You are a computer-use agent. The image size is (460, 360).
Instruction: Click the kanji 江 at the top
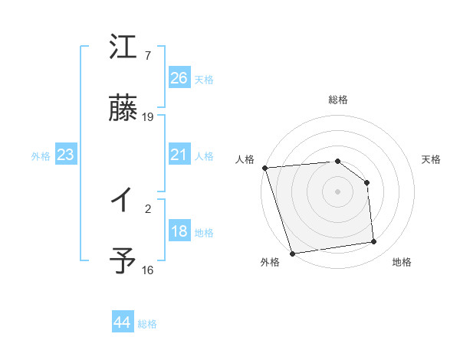(x=123, y=48)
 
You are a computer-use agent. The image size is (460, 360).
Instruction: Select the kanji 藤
(x=123, y=108)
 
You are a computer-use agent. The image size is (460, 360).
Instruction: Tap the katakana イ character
(x=123, y=201)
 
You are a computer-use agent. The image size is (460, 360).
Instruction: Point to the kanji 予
(x=123, y=261)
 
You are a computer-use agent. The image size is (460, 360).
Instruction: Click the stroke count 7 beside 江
(x=148, y=56)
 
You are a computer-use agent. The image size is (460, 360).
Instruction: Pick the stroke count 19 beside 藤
(x=148, y=116)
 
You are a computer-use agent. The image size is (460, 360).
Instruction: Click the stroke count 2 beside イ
(x=148, y=208)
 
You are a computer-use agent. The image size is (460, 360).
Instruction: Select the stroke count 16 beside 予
(x=148, y=270)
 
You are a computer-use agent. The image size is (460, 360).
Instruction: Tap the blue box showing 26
(x=179, y=78)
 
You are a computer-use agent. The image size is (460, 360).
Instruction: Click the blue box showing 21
(x=179, y=155)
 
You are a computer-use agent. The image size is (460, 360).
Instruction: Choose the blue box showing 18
(x=179, y=231)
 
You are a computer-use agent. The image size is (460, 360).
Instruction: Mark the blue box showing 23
(x=65, y=155)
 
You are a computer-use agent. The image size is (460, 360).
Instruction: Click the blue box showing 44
(x=122, y=322)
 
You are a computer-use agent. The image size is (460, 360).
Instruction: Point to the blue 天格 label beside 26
(x=204, y=79)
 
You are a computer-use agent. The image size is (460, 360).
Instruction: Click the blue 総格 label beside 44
(x=147, y=324)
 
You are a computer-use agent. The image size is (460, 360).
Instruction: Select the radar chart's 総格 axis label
(x=338, y=100)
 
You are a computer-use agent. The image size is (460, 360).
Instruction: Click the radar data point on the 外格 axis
(x=292, y=253)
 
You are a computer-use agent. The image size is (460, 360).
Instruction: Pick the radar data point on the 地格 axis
(x=374, y=242)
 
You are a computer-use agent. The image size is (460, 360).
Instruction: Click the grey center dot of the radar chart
(x=338, y=191)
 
